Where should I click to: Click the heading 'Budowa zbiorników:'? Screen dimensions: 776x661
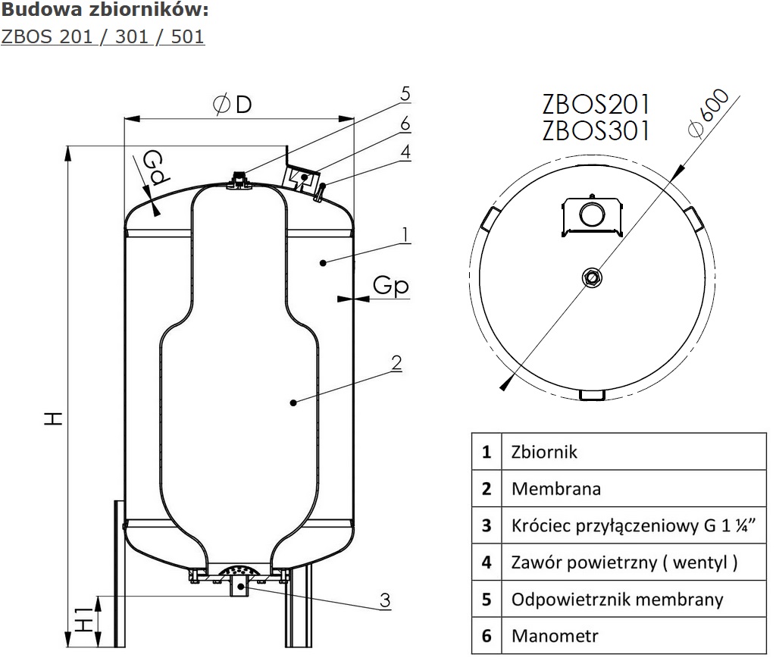click(x=105, y=10)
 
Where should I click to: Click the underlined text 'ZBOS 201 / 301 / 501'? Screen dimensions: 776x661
click(x=102, y=36)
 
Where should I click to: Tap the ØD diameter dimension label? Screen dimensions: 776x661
click(x=232, y=105)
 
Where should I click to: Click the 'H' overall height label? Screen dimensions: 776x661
click(x=54, y=418)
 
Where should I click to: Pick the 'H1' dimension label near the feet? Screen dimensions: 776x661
click(x=85, y=619)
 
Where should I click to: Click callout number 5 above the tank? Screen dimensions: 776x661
click(x=405, y=93)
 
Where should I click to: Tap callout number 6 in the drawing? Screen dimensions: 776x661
click(x=405, y=124)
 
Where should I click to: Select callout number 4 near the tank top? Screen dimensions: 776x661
click(x=406, y=152)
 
